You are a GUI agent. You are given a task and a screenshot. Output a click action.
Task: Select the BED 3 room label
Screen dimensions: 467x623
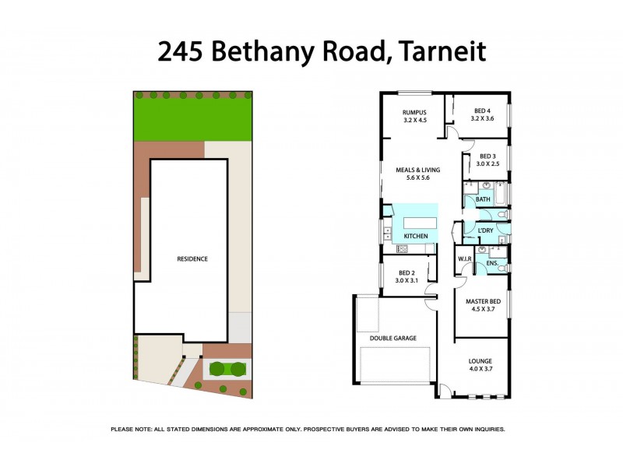pyautogui.click(x=487, y=155)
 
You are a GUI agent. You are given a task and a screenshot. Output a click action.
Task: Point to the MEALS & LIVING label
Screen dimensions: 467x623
pyautogui.click(x=417, y=170)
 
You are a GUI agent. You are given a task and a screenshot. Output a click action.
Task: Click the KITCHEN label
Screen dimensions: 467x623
pyautogui.click(x=415, y=236)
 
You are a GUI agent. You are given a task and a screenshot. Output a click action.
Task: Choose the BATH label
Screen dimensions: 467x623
pyautogui.click(x=483, y=199)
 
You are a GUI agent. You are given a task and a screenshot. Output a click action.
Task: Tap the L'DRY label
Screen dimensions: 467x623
pyautogui.click(x=486, y=230)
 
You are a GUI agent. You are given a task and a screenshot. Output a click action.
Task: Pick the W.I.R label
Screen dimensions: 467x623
pyautogui.click(x=466, y=259)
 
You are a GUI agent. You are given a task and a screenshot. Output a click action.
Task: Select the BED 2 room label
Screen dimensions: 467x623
pyautogui.click(x=407, y=272)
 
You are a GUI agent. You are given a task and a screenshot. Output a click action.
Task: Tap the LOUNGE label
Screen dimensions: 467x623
pyautogui.click(x=480, y=361)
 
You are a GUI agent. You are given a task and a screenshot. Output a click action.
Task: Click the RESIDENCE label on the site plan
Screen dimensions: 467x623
pyautogui.click(x=192, y=259)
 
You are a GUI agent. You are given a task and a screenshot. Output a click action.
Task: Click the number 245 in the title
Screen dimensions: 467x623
pyautogui.click(x=178, y=51)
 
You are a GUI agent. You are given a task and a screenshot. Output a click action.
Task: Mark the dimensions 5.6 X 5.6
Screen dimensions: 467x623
pyautogui.click(x=417, y=178)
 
